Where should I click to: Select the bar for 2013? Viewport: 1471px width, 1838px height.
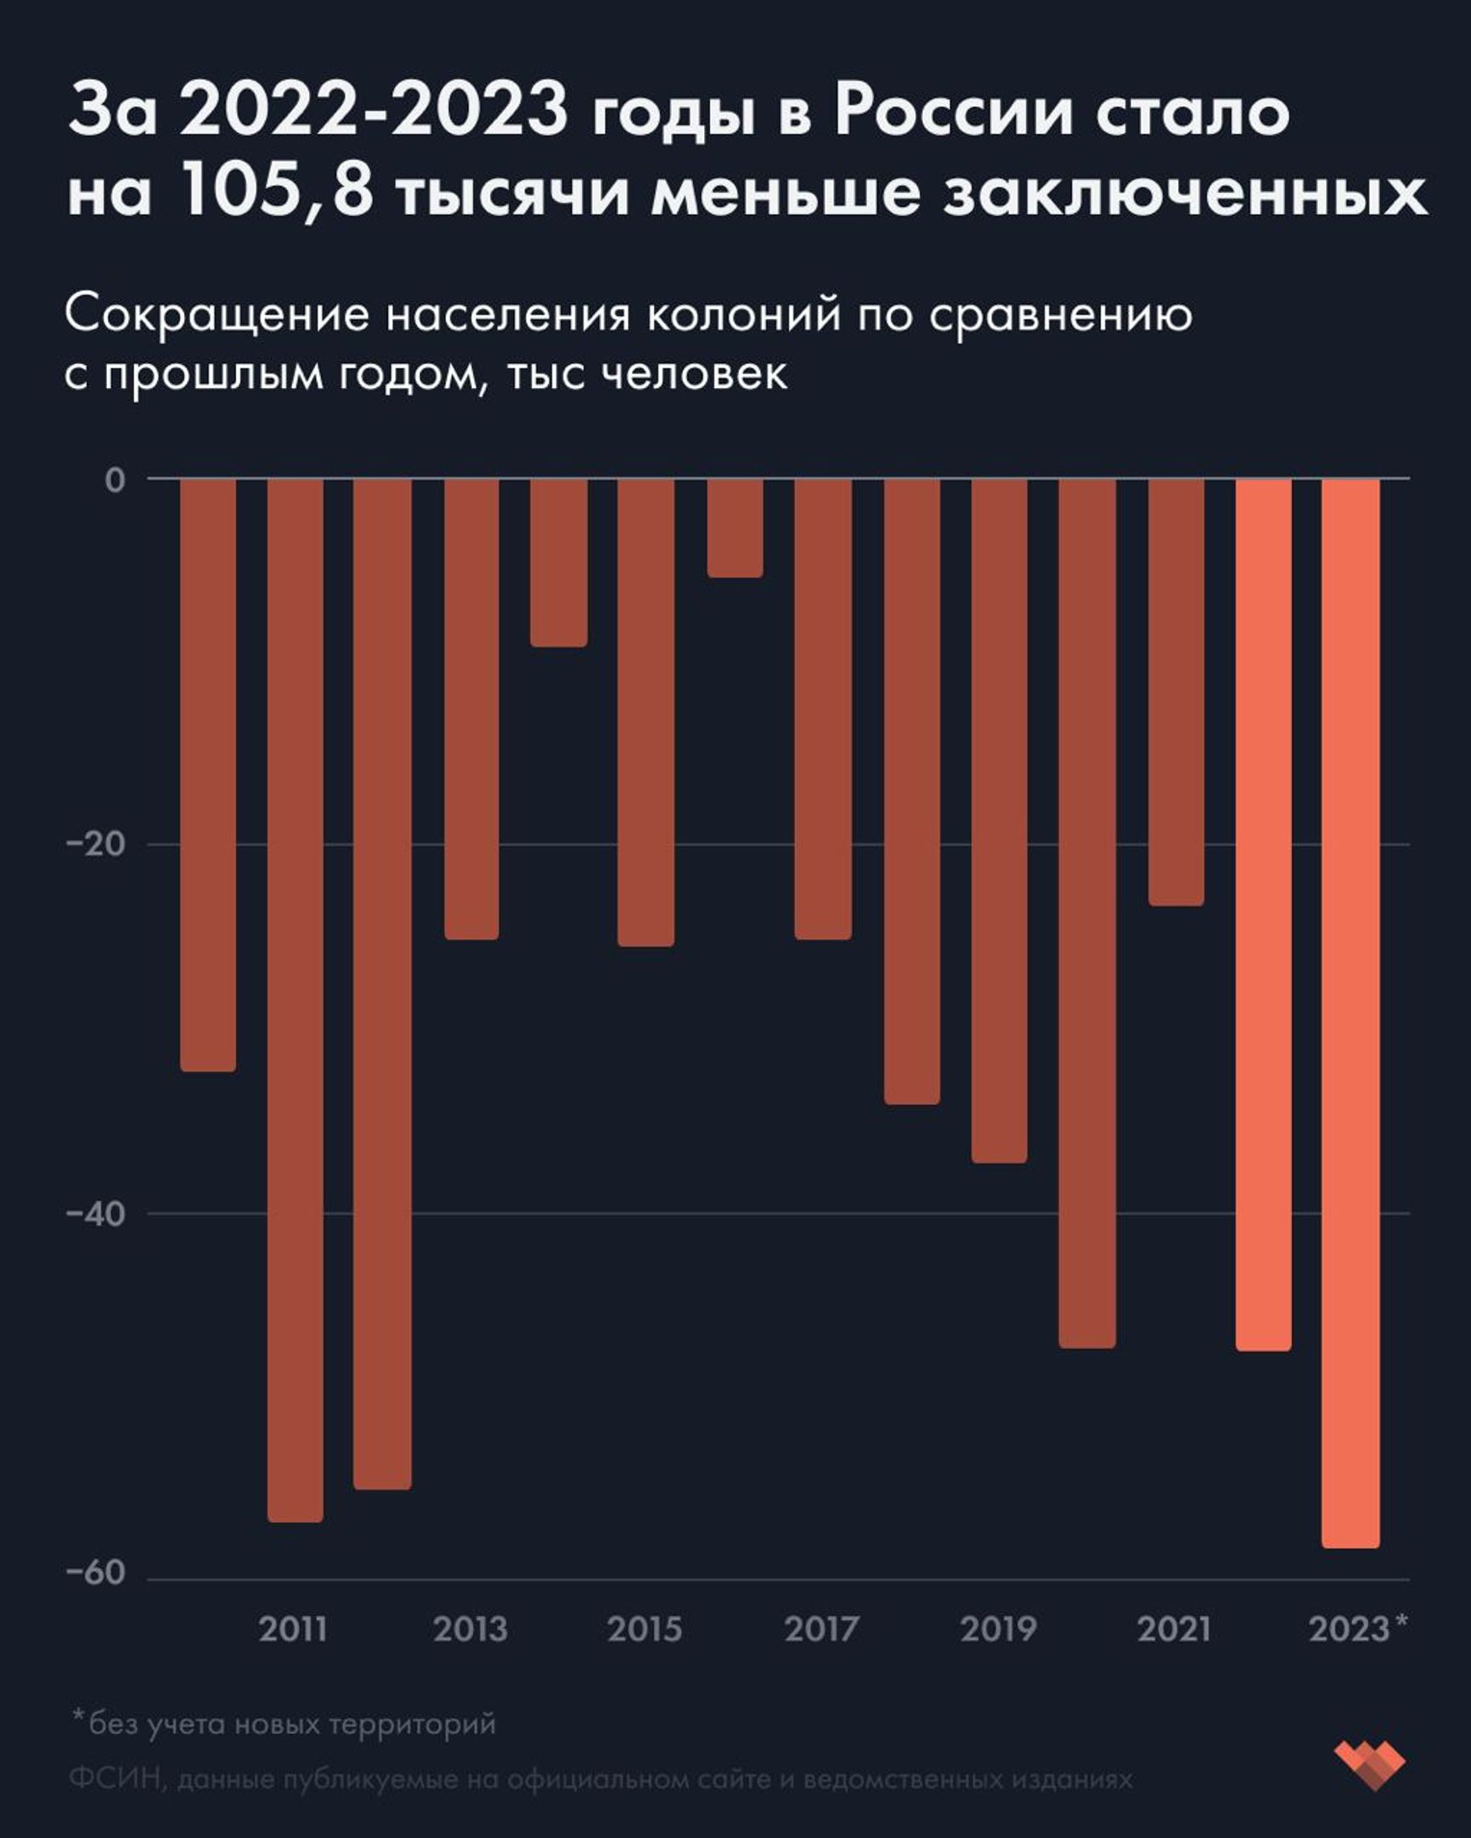click(x=471, y=708)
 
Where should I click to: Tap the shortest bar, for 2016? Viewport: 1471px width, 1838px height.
click(x=735, y=528)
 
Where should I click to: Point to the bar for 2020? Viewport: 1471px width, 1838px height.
click(x=1087, y=913)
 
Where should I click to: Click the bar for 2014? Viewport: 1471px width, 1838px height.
click(x=559, y=562)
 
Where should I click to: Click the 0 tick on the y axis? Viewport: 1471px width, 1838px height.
click(x=115, y=480)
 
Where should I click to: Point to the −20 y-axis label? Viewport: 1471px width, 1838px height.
click(x=95, y=844)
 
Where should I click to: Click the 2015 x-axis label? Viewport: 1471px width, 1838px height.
click(x=645, y=1629)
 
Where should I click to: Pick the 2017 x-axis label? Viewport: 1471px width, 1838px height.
click(x=821, y=1629)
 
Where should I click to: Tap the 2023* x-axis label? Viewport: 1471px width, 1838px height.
click(x=1357, y=1629)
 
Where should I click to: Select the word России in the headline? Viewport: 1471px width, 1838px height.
click(x=953, y=111)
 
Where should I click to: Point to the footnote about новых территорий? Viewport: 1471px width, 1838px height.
click(x=283, y=1723)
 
